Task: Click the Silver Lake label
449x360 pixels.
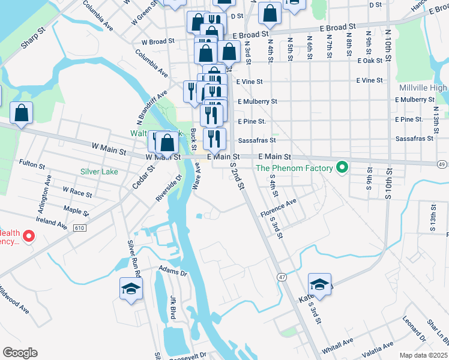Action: pos(100,171)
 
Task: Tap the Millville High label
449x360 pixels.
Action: pos(423,88)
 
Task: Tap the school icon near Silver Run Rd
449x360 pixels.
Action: pos(131,289)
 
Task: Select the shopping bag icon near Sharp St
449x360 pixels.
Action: pos(22,113)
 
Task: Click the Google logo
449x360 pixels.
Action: pos(20,353)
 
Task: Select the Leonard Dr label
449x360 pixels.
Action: pos(414,327)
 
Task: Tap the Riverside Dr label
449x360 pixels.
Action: pos(169,188)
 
